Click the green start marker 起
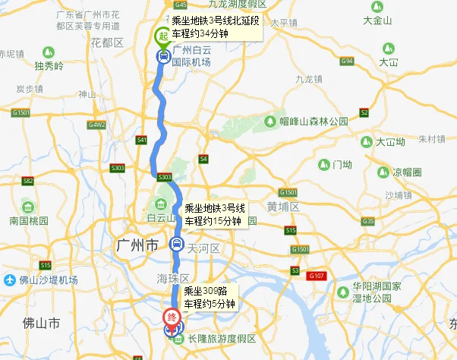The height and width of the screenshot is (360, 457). point(162,36)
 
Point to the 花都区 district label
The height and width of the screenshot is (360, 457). point(106,43)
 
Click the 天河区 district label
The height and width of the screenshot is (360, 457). point(203,248)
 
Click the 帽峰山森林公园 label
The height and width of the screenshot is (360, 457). point(313,122)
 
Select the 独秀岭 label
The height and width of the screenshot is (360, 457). point(49,67)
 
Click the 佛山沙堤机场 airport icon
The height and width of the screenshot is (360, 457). point(9,279)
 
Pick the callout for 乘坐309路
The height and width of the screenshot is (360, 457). point(208,298)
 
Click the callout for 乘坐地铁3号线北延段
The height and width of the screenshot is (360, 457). point(215,26)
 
